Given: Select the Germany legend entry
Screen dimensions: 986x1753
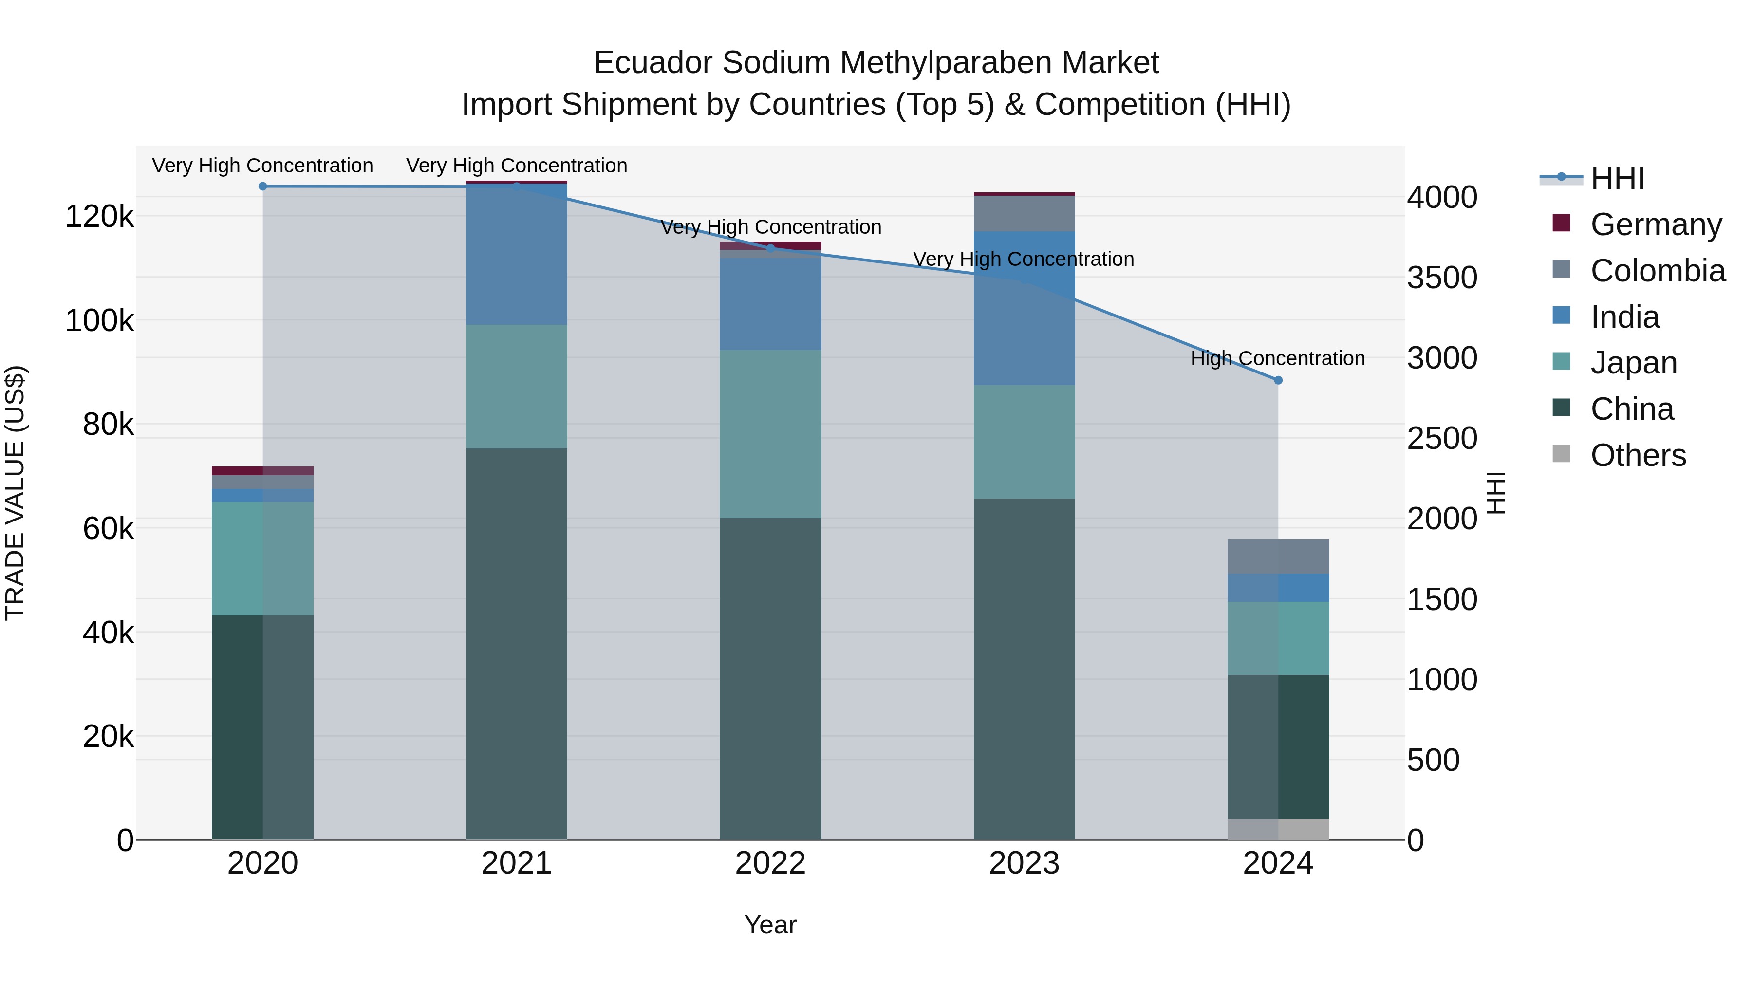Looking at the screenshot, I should pyautogui.click(x=1656, y=224).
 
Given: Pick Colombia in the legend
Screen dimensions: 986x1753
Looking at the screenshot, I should pyautogui.click(x=1658, y=271).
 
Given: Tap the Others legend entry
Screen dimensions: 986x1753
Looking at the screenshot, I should pyautogui.click(x=1638, y=455).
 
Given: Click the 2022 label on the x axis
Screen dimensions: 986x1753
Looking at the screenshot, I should pyautogui.click(x=770, y=863).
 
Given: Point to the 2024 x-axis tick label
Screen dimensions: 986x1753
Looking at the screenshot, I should pyautogui.click(x=1278, y=863).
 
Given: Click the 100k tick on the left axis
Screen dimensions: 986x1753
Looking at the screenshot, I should pyautogui.click(x=99, y=320).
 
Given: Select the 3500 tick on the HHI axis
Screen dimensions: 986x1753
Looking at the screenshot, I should pyautogui.click(x=1442, y=278).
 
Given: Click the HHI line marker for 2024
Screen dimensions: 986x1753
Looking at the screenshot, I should pyautogui.click(x=1278, y=380).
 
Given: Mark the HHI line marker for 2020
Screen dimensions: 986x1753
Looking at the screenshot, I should pyautogui.click(x=262, y=186).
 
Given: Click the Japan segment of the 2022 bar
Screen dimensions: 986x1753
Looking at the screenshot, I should pyautogui.click(x=770, y=434).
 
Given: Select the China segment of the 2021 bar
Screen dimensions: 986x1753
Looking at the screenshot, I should pyautogui.click(x=517, y=643).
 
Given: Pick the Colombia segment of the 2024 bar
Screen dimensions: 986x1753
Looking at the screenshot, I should pyautogui.click(x=1278, y=557).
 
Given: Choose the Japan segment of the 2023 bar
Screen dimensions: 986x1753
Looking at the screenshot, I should pyautogui.click(x=1024, y=442).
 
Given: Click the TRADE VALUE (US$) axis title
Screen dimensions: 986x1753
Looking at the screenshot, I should pyautogui.click(x=16, y=493).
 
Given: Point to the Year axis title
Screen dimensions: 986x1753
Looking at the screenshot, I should pyautogui.click(x=770, y=925).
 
